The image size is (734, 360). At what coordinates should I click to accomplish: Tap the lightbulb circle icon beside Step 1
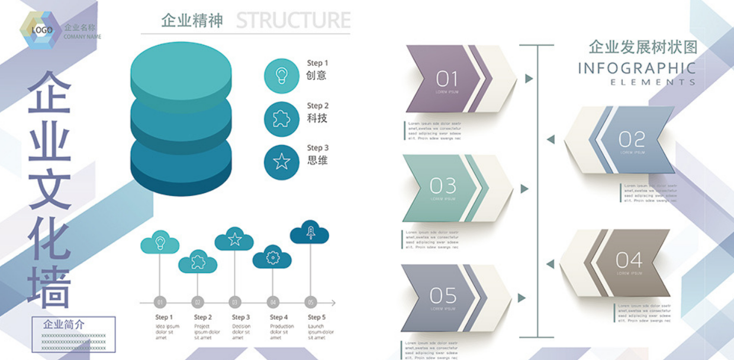[x=281, y=76]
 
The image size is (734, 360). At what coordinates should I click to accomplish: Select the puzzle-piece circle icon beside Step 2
[x=281, y=119]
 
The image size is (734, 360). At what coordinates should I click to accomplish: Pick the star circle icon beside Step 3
[x=281, y=161]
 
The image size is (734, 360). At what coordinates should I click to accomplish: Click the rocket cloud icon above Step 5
[x=310, y=232]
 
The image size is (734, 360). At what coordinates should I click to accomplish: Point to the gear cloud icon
[x=272, y=258]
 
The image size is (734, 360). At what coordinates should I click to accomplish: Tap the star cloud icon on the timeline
[x=234, y=239]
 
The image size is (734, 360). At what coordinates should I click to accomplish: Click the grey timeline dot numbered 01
[x=160, y=302]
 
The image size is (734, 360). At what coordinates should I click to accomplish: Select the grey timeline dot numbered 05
[x=311, y=302]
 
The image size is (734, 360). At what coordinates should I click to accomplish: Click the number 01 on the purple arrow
[x=447, y=78]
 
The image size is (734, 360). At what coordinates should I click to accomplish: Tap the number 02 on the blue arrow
[x=632, y=140]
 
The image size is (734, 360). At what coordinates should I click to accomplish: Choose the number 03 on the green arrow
[x=443, y=186]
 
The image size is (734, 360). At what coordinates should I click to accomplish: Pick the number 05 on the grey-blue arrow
[x=443, y=295]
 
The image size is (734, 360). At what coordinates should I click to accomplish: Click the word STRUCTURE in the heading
[x=293, y=20]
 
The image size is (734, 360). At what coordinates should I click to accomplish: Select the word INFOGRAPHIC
[x=636, y=68]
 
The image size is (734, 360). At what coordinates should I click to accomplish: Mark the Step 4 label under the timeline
[x=279, y=317]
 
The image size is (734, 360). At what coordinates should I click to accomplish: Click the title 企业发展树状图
[x=643, y=47]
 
